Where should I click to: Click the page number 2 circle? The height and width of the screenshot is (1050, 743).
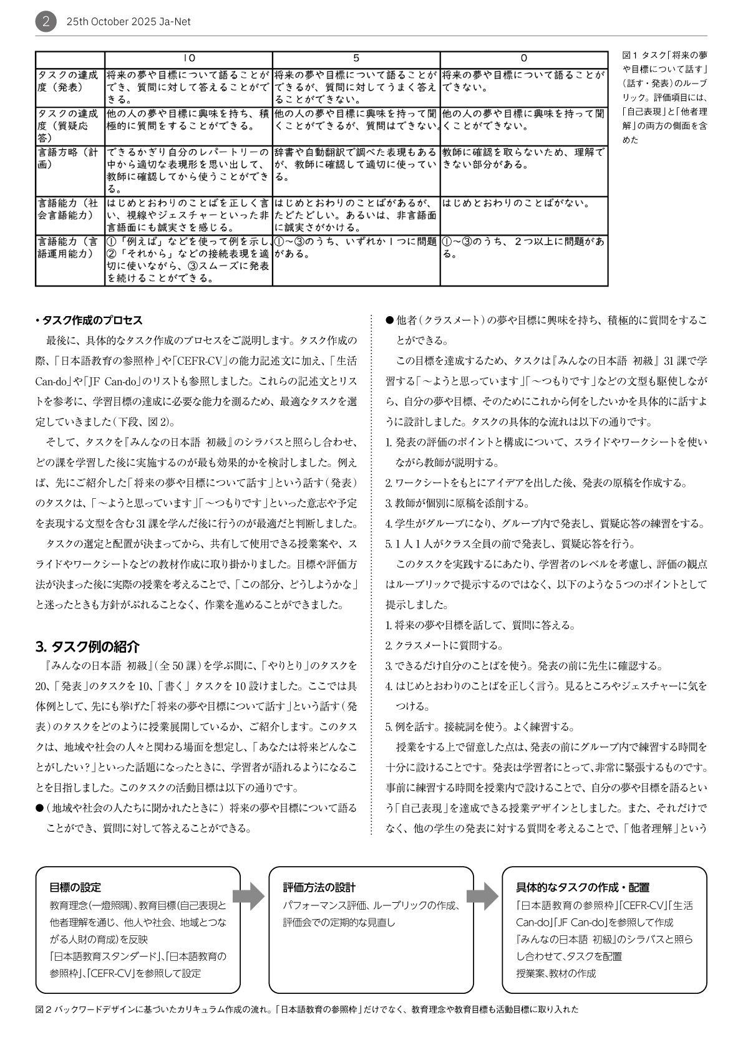click(x=46, y=22)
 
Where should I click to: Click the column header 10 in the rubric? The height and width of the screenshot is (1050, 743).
click(x=189, y=58)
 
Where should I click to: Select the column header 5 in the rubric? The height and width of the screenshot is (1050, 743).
click(x=356, y=58)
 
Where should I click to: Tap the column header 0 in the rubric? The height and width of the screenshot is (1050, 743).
click(x=523, y=58)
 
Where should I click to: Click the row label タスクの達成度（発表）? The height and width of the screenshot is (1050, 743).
click(x=69, y=82)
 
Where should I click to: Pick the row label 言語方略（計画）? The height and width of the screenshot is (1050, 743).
click(x=69, y=158)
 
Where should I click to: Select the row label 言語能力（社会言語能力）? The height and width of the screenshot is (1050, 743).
click(x=69, y=210)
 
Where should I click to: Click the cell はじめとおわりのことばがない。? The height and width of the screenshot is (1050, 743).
click(x=517, y=203)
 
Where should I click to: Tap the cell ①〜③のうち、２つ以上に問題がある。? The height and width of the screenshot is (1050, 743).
click(x=523, y=248)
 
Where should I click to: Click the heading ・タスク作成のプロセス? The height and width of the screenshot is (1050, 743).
click(x=89, y=320)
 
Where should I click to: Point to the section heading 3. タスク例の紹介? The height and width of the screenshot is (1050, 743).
click(x=87, y=646)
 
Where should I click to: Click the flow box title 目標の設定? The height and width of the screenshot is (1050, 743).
click(x=75, y=887)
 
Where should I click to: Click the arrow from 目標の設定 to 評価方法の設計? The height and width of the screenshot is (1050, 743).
click(x=253, y=897)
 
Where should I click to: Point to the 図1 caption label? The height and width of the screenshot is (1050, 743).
click(x=630, y=55)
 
